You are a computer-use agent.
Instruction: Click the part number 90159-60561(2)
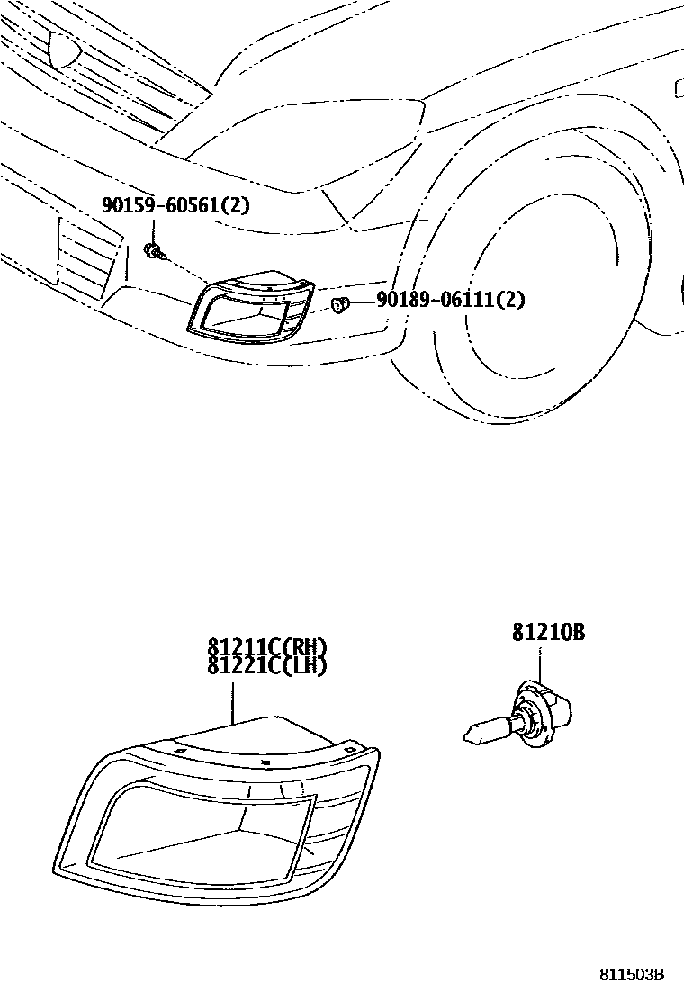point(175,206)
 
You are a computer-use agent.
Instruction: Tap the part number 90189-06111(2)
point(450,300)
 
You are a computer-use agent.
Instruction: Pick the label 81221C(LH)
point(266,666)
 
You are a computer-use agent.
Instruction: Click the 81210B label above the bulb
point(549,633)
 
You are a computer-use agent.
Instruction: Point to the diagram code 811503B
point(633,975)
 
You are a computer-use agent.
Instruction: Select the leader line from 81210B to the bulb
point(539,666)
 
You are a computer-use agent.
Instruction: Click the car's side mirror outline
point(677,88)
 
